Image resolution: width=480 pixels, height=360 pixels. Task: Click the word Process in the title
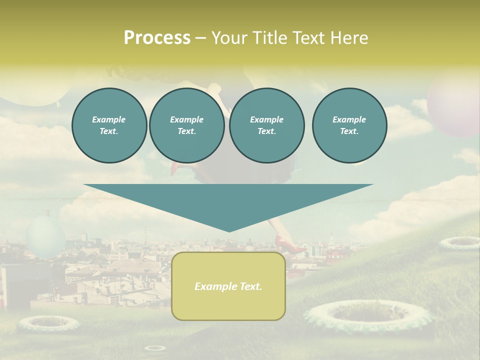[x=157, y=38]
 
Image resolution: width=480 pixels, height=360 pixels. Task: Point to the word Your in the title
[x=230, y=38]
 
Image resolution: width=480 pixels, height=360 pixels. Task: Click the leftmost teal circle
[x=109, y=125]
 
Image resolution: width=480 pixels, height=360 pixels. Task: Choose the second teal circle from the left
[x=186, y=125]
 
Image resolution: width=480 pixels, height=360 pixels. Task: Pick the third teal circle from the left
[x=266, y=125]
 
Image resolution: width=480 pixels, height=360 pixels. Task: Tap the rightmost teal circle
[x=349, y=125]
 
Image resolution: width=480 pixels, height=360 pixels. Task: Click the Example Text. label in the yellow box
[x=228, y=286]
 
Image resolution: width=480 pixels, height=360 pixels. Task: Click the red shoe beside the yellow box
[x=293, y=247]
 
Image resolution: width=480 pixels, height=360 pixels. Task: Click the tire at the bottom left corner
[x=48, y=324]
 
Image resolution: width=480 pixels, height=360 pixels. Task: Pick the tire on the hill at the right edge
[x=459, y=243]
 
